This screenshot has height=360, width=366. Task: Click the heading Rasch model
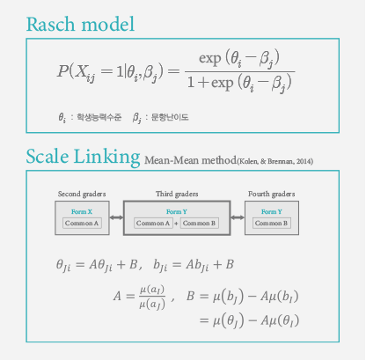[x=80, y=24]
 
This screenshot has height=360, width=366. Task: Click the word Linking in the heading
[x=106, y=157]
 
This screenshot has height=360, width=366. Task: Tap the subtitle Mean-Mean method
[x=190, y=160]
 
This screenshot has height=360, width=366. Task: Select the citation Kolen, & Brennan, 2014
[x=275, y=161]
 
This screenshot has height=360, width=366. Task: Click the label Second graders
[x=82, y=194]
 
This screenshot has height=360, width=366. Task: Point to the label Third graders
[x=177, y=194]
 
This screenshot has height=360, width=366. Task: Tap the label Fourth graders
[x=272, y=194]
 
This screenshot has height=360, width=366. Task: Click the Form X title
[x=82, y=211]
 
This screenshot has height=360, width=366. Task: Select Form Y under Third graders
[x=177, y=211]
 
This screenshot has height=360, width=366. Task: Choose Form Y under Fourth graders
[x=272, y=211]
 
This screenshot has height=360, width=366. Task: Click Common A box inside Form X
[x=82, y=223]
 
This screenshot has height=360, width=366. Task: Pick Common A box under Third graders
[x=153, y=223]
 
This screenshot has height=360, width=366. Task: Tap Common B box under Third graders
[x=199, y=223]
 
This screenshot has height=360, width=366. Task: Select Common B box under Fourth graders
[x=272, y=223]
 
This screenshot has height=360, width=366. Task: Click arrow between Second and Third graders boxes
[x=116, y=217]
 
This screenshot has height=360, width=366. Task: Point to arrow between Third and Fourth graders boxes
[x=238, y=217]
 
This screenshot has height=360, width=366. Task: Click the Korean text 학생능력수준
[x=99, y=117]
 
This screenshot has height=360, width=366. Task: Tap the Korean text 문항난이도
[x=170, y=117]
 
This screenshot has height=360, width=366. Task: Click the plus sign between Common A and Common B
[x=176, y=224]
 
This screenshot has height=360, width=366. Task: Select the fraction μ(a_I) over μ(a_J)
[x=152, y=297]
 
